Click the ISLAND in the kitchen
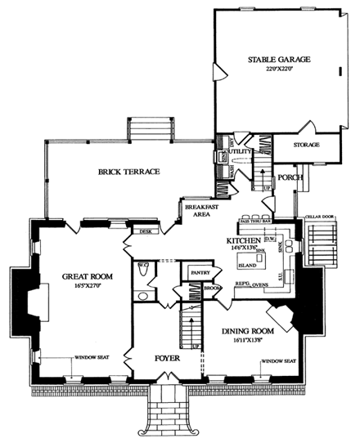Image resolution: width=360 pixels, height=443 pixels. click(247, 266)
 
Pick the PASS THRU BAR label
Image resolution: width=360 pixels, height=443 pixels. click(256, 221)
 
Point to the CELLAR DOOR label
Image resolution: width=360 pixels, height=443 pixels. click(319, 218)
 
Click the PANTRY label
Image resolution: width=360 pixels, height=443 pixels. click(200, 271)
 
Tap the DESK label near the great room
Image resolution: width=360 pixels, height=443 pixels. click(146, 231)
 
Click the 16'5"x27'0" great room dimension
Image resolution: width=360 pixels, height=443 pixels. click(80, 287)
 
